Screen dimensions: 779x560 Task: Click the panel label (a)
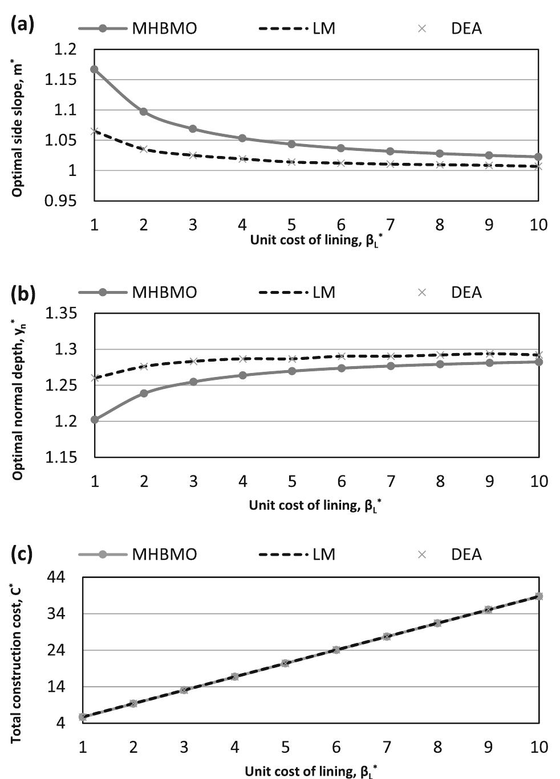tap(23, 26)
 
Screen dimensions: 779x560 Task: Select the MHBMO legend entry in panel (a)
tap(137, 28)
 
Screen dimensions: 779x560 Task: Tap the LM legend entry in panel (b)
tap(297, 292)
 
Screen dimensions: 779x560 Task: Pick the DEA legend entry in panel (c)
tap(451, 554)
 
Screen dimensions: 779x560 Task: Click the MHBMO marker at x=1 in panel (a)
tap(95, 69)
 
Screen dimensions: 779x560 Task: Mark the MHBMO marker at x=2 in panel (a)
tap(144, 112)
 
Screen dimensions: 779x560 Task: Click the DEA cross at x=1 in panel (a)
tap(95, 132)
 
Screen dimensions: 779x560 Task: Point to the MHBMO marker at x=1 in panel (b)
tap(95, 420)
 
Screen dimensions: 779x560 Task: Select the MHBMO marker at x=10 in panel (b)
tap(538, 362)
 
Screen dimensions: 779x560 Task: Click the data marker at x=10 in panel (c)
tap(539, 596)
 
